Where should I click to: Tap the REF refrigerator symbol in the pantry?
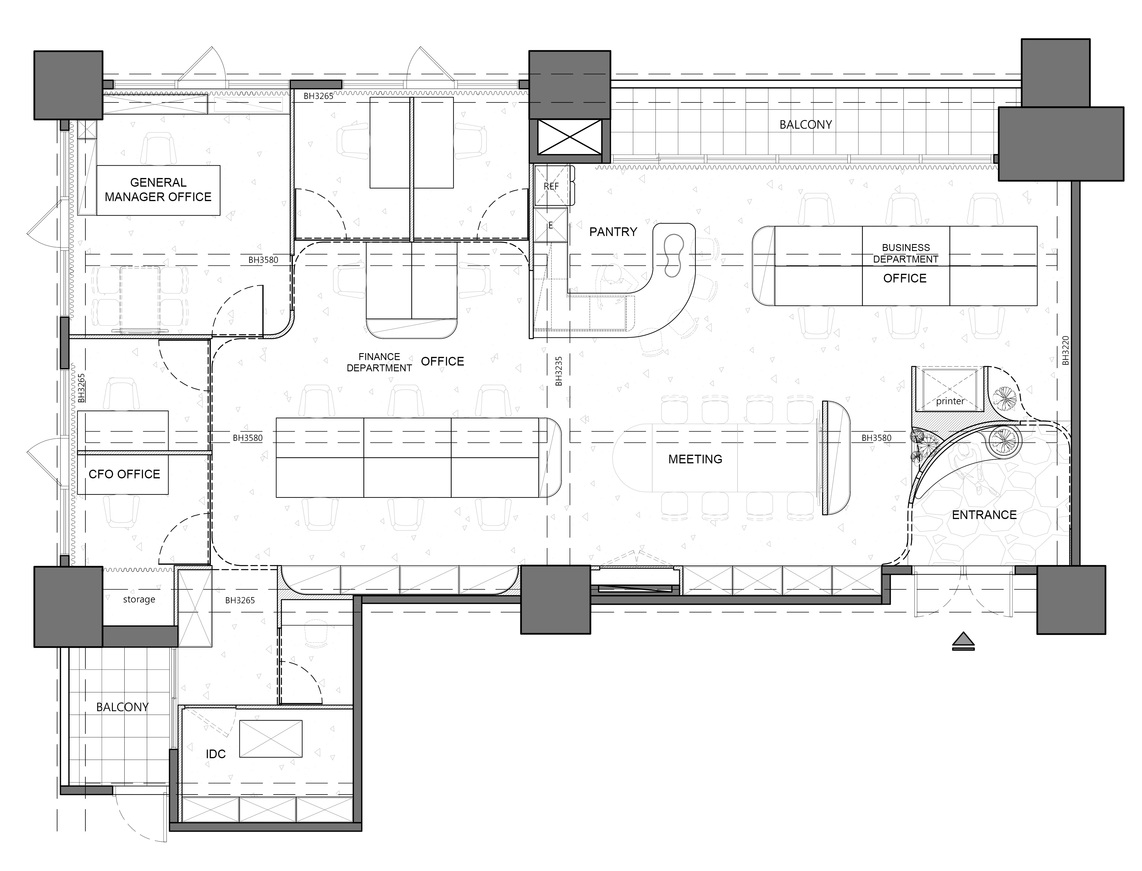[551, 186]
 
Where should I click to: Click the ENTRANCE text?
[984, 515]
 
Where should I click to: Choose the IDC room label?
[216, 754]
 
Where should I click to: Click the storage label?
[139, 599]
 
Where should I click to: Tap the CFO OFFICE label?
[124, 474]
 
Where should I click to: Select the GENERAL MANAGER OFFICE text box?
[158, 190]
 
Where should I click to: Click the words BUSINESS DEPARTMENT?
[906, 253]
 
